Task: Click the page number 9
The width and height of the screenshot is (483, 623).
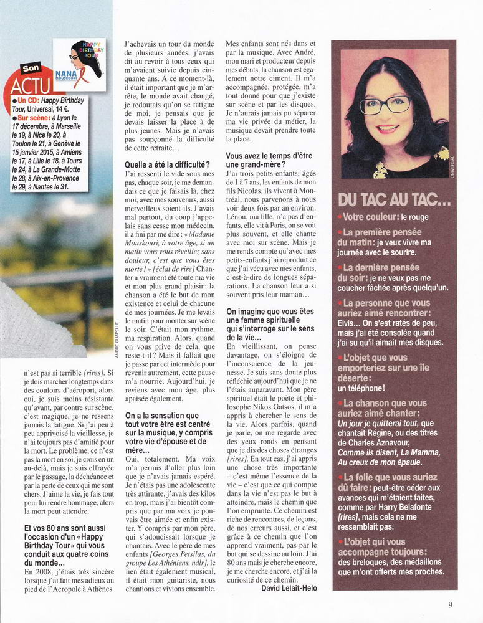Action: coord(450,604)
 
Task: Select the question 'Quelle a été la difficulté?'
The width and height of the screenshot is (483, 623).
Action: coord(167,164)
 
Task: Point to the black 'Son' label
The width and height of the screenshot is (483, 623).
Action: coord(31,68)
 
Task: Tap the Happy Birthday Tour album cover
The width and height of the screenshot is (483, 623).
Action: coord(79,64)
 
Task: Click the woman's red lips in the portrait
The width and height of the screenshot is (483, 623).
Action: coord(387,128)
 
